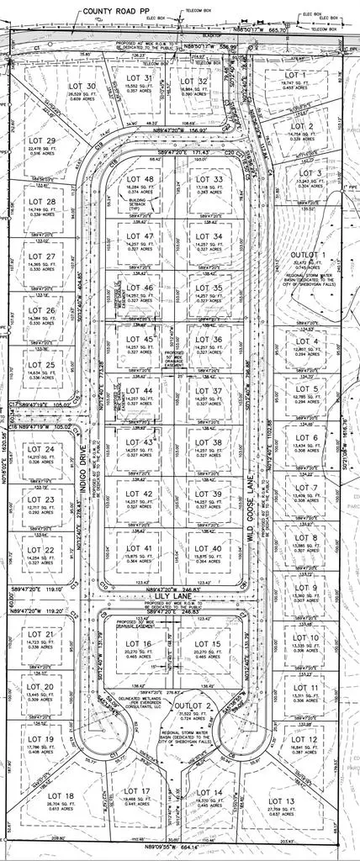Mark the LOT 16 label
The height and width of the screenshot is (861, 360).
pos(138,621)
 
